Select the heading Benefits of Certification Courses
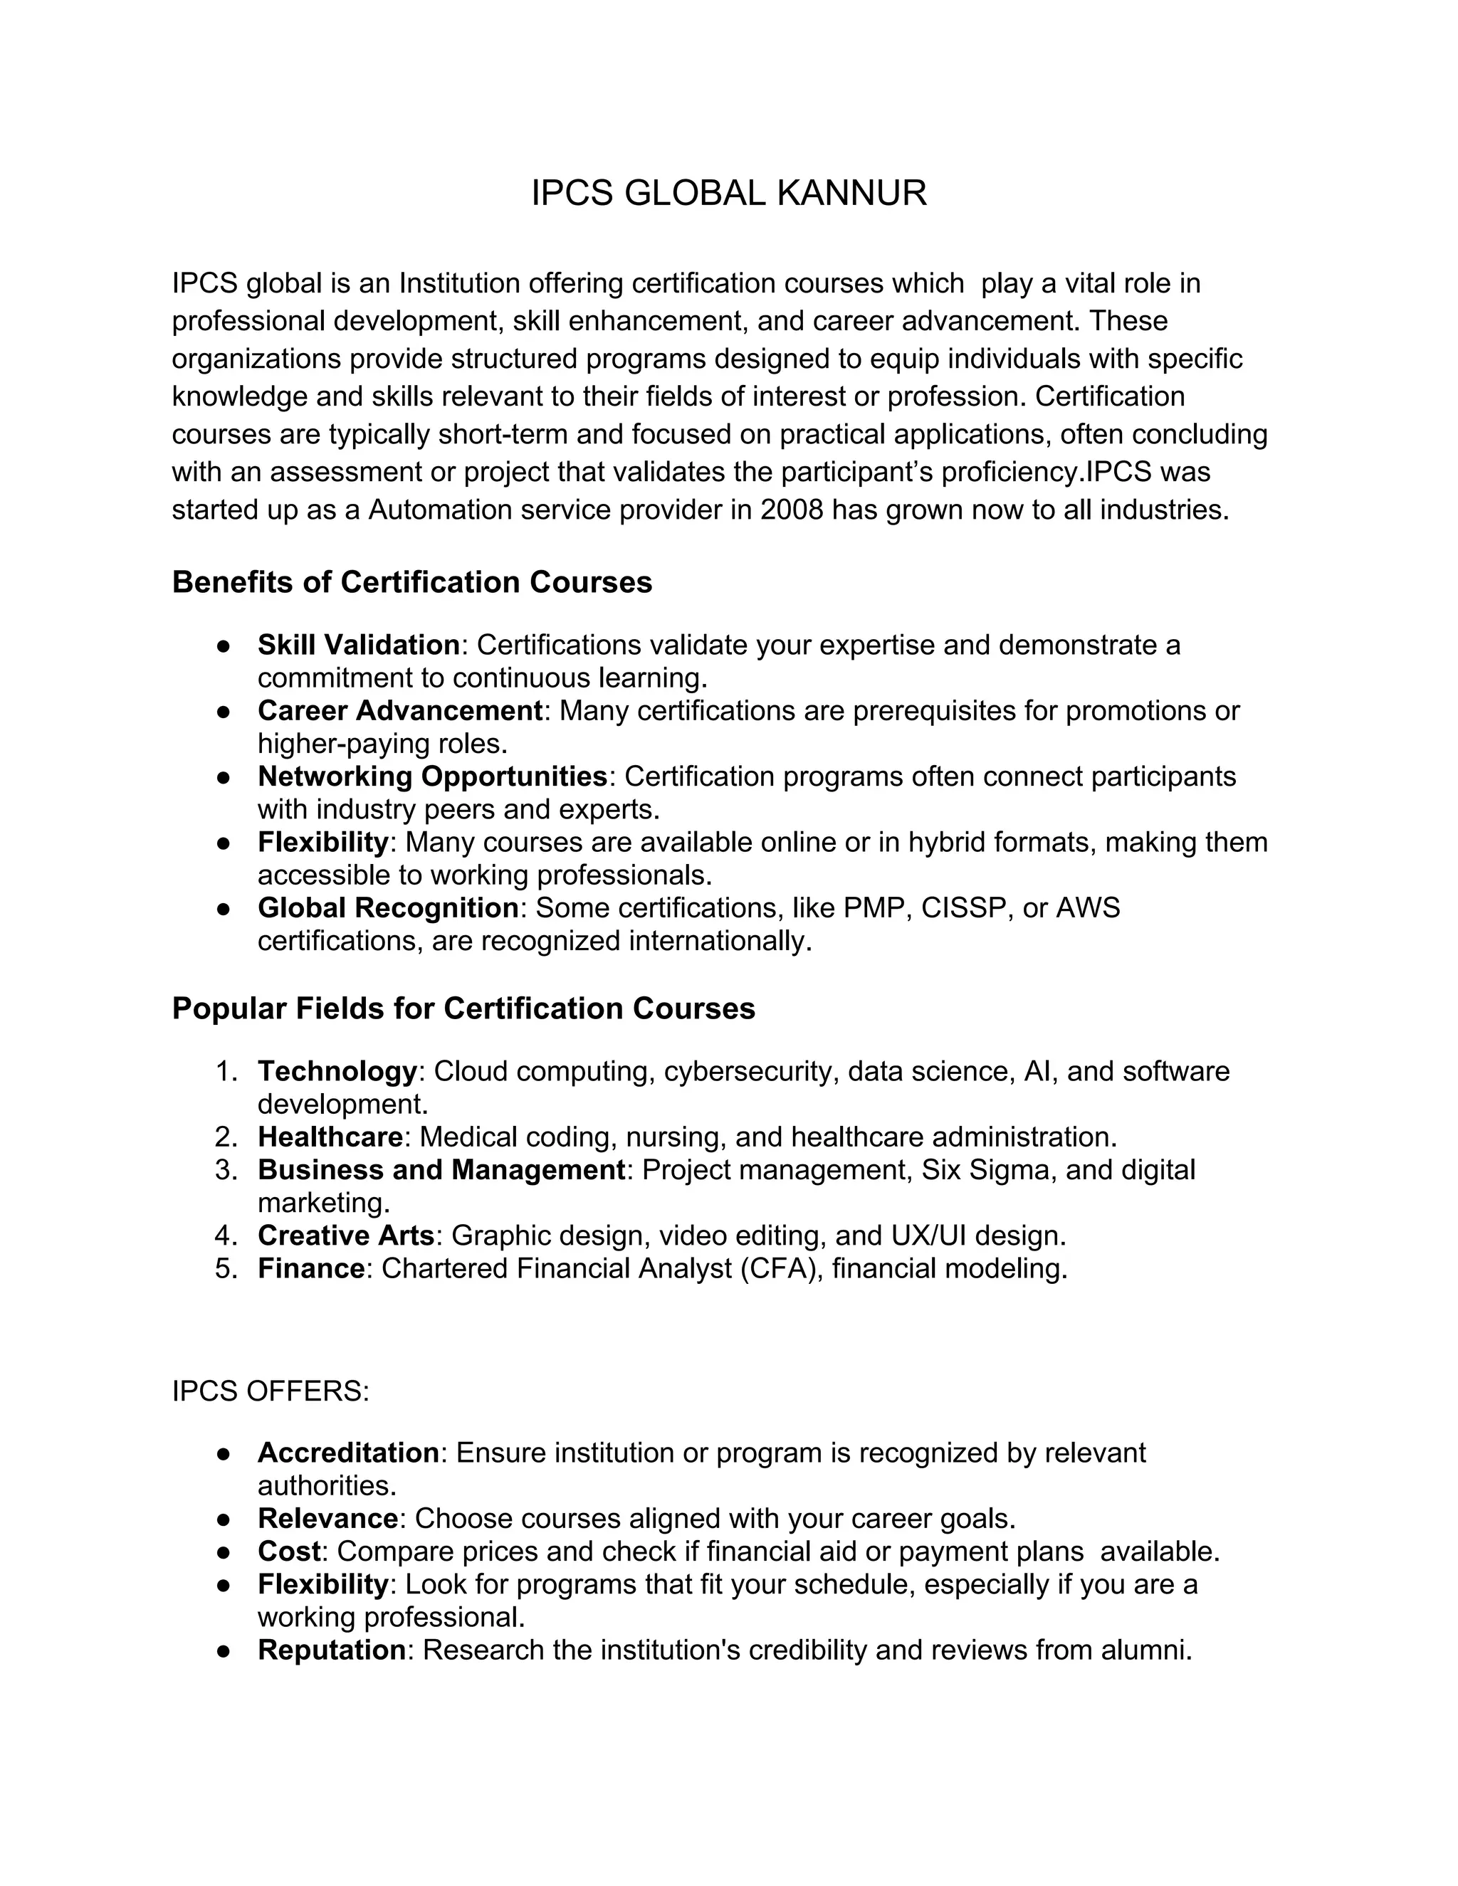(x=412, y=582)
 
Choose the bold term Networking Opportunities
(x=432, y=776)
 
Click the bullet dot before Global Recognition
(x=223, y=908)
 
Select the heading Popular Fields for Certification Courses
(x=463, y=1008)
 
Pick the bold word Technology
(x=337, y=1071)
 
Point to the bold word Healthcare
(x=330, y=1137)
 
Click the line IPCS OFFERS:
(x=271, y=1391)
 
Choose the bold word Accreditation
(x=348, y=1453)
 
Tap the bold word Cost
(x=289, y=1551)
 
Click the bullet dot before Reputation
(x=223, y=1650)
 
